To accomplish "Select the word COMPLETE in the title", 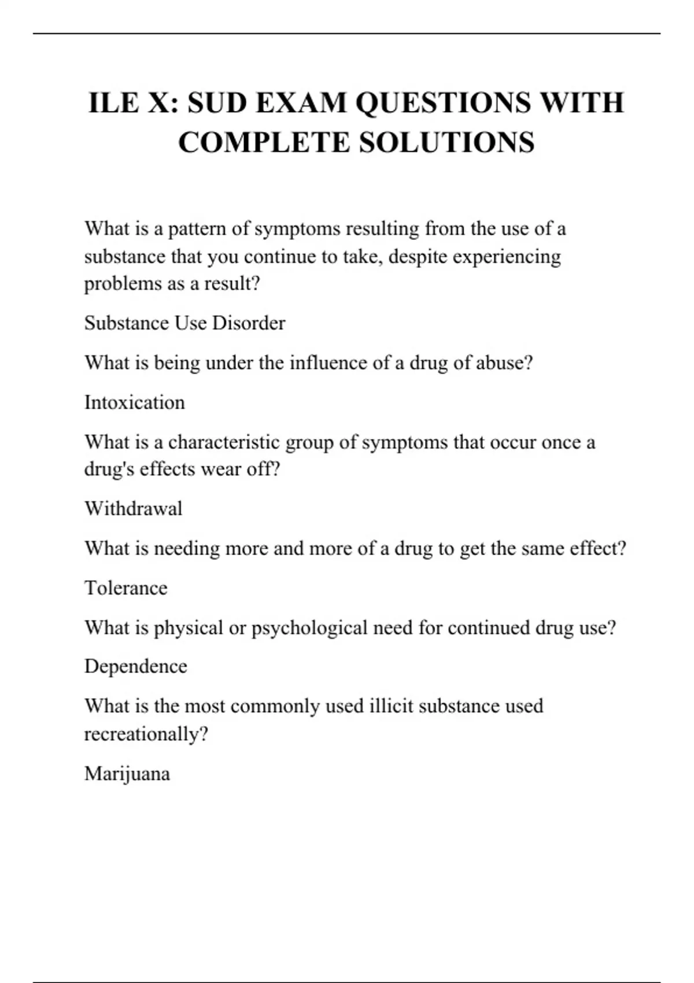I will click(x=264, y=143).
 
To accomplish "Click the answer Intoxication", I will click(x=135, y=402).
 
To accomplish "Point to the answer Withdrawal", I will click(x=134, y=509).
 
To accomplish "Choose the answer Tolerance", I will click(x=126, y=588).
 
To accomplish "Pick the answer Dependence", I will click(x=136, y=666).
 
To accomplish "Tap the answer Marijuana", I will click(x=127, y=774).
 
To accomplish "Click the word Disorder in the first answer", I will click(x=249, y=323).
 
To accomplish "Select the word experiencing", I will click(x=507, y=257).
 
